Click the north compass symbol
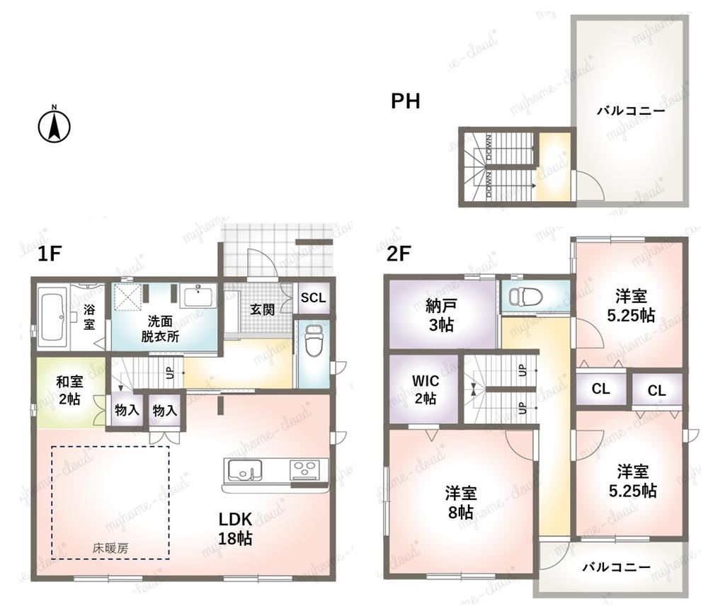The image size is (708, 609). point(55,125)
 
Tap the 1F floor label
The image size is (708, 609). point(49,254)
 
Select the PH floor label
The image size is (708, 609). point(406,101)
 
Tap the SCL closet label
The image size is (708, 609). point(314,297)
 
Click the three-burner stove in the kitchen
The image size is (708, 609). point(304,469)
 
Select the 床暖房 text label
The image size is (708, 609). point(110,549)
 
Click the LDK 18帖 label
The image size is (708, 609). point(235,528)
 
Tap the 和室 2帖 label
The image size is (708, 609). point(69,390)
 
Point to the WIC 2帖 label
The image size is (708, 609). point(426,389)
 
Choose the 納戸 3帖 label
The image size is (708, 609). point(440,315)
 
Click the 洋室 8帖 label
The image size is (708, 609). point(461,502)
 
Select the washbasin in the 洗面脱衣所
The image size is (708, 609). point(198,296)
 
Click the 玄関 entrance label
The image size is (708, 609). point(263,310)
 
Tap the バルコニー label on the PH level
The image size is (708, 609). point(631,110)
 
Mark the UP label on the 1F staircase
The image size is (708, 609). point(170,372)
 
